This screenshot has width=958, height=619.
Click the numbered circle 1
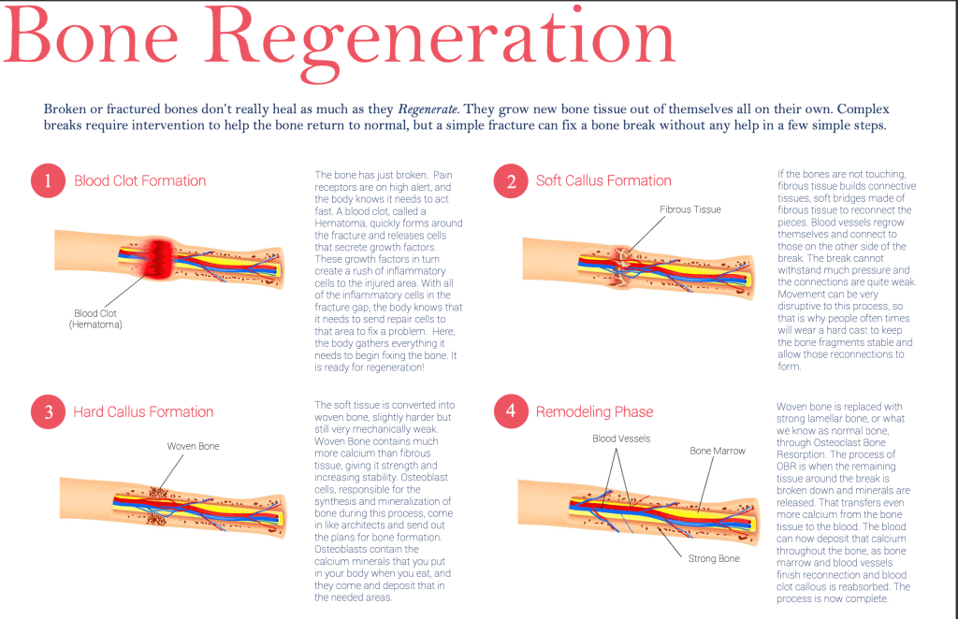click(48, 181)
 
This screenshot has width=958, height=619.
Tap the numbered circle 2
click(511, 181)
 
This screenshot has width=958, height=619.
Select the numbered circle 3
click(48, 412)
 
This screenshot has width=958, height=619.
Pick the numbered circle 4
click(511, 412)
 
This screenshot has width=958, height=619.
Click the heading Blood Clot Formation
click(140, 181)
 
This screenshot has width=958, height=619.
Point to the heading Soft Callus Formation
click(603, 181)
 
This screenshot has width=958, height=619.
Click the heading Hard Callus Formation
click(143, 412)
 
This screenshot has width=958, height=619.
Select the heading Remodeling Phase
click(594, 412)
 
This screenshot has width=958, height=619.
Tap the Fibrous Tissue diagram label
click(690, 209)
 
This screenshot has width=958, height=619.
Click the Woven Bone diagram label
click(194, 447)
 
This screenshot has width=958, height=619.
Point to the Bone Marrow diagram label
click(718, 451)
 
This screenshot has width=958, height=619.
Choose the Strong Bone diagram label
click(714, 558)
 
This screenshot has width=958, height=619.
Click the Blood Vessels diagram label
click(621, 438)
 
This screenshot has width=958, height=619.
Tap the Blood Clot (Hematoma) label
click(97, 319)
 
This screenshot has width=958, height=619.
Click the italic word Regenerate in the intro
click(428, 109)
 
